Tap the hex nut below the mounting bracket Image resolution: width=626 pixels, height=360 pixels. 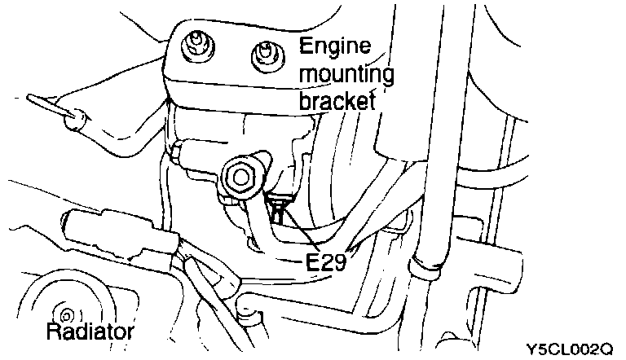tap(241, 177)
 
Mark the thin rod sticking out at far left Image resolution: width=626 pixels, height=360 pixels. tap(45, 104)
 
